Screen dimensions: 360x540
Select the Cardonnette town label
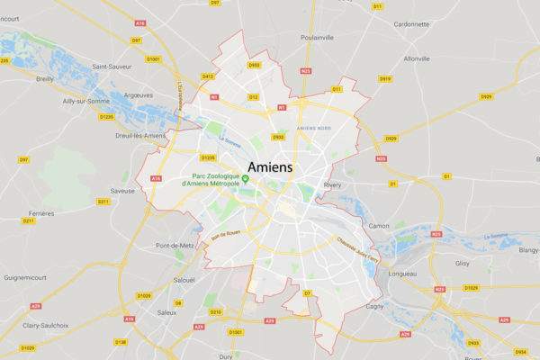click(x=411, y=24)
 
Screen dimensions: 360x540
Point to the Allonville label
click(x=418, y=58)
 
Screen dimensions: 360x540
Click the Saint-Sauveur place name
click(x=112, y=66)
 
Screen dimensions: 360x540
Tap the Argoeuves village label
click(x=135, y=94)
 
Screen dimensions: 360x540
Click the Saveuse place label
click(x=121, y=190)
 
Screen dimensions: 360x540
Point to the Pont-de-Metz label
click(x=175, y=246)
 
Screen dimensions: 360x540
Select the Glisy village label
click(x=463, y=264)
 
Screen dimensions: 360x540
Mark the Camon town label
click(x=379, y=225)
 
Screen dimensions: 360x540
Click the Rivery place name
click(x=332, y=185)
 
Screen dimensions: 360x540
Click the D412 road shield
click(x=209, y=76)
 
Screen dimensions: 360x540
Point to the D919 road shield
click(x=385, y=79)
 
